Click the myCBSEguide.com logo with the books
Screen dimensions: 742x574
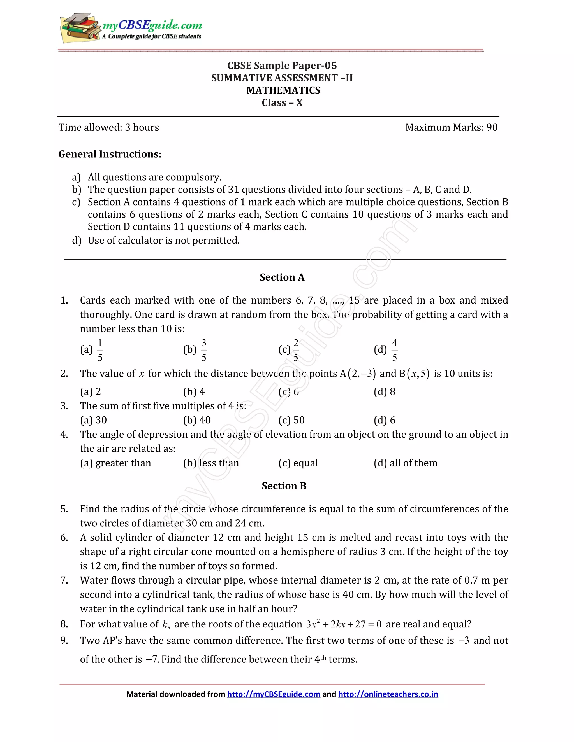tap(131, 29)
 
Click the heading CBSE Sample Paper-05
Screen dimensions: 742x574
tap(282, 66)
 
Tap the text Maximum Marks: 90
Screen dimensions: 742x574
tap(451, 127)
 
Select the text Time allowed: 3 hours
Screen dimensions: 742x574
tap(109, 127)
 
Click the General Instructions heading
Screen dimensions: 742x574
tap(110, 154)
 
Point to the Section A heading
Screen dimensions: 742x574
tap(282, 277)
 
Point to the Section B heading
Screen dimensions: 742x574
tap(284, 486)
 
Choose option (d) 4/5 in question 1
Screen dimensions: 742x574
tap(386, 350)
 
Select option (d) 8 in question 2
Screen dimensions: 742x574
tap(384, 392)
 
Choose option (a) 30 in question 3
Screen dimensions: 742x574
tap(94, 420)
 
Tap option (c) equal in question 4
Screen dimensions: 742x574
tap(298, 463)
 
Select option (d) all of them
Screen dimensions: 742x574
tap(405, 463)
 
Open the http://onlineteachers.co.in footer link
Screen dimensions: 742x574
tap(388, 694)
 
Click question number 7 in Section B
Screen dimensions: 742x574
tap(64, 580)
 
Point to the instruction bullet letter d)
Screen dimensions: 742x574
tap(77, 241)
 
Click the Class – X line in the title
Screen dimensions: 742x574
tap(282, 102)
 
